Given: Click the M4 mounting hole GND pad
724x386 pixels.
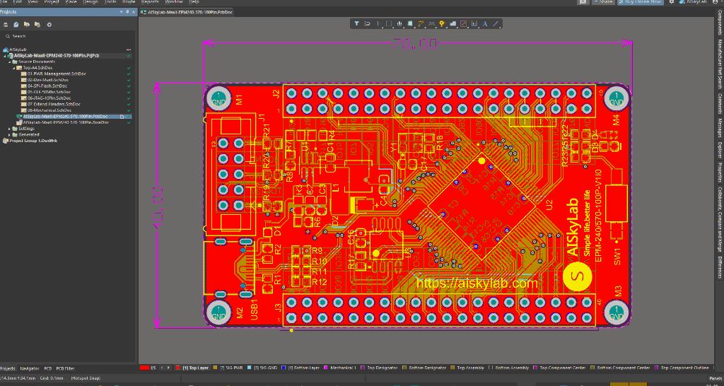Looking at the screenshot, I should (617, 99).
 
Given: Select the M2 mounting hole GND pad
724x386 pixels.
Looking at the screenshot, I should (218, 311).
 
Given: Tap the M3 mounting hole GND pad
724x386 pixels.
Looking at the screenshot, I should (617, 311).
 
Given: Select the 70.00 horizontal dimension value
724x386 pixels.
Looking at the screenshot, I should (416, 44).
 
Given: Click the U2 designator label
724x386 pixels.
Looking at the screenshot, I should (549, 205).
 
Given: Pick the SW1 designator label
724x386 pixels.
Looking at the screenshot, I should (617, 255).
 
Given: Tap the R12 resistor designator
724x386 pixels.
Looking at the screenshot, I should (319, 282).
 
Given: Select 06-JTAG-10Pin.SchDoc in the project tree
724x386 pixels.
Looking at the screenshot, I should (48, 98).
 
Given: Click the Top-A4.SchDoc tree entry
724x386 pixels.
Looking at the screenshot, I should (40, 68).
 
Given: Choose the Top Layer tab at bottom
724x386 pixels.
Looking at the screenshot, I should (195, 368).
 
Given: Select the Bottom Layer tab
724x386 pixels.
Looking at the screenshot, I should (304, 368).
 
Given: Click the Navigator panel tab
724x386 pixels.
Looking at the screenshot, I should (30, 368).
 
